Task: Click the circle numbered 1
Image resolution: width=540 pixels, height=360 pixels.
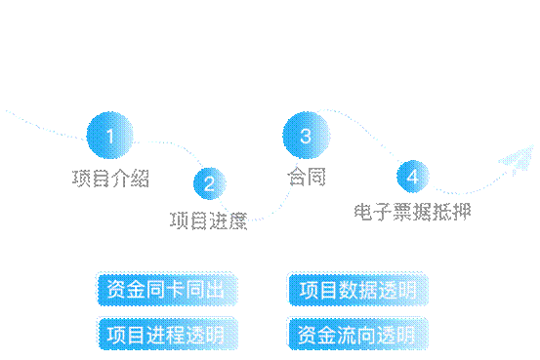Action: click(109, 137)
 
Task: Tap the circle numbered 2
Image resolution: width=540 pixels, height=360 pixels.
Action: click(209, 182)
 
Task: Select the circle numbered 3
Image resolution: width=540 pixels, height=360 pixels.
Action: click(306, 137)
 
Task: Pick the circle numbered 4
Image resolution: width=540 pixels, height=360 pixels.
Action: click(413, 177)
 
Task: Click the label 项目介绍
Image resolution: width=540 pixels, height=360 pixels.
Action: click(110, 178)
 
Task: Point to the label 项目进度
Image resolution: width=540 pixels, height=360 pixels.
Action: click(208, 220)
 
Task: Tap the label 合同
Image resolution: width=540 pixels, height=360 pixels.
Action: click(306, 178)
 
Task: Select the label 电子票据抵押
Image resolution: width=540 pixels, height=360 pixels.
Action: click(412, 211)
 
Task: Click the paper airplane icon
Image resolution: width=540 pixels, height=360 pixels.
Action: click(518, 159)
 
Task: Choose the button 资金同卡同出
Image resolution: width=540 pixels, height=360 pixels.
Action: click(166, 290)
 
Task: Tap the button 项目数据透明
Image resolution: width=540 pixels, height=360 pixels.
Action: click(358, 290)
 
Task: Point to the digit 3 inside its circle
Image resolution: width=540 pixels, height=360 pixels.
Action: click(306, 137)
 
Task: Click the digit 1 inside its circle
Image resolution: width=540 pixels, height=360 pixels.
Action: click(109, 137)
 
